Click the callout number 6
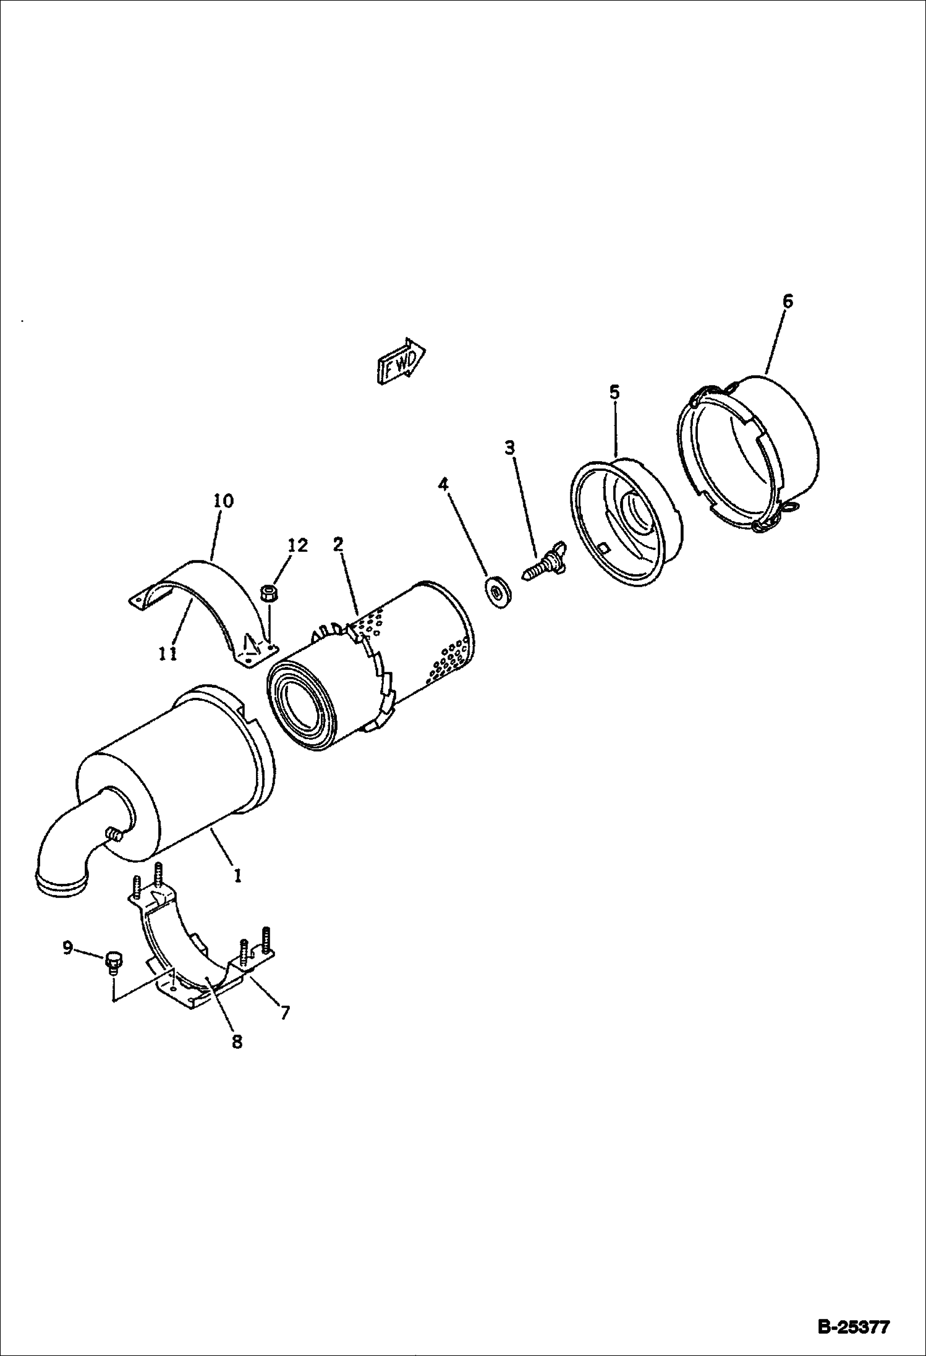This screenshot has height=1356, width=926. [787, 302]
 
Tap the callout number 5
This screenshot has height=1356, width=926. [614, 392]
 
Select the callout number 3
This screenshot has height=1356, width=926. [509, 447]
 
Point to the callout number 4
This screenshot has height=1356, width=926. [443, 484]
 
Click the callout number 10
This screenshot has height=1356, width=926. [224, 501]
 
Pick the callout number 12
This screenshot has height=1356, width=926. [297, 545]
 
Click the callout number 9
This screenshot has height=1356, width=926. [67, 947]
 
